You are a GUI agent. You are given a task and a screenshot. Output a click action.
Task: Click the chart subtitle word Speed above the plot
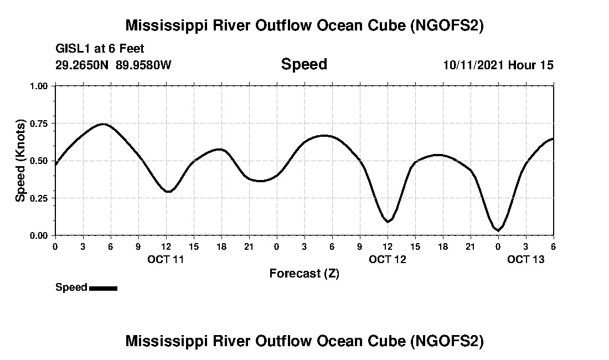304,64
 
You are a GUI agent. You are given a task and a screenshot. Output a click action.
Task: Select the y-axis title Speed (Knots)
20,161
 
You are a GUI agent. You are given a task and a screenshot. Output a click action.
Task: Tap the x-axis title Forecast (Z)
304,273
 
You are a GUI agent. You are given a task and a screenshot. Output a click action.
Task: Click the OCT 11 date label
166,259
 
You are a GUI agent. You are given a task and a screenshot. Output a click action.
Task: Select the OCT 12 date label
387,259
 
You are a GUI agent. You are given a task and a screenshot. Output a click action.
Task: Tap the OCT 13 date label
525,259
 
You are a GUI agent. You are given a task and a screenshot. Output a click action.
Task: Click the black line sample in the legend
103,288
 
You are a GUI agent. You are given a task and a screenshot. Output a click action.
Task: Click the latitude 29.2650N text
82,65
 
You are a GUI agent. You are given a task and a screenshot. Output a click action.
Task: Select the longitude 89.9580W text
143,65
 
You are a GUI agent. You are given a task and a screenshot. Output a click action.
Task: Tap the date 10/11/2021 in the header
473,65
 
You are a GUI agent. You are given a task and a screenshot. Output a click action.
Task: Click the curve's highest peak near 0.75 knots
104,124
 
